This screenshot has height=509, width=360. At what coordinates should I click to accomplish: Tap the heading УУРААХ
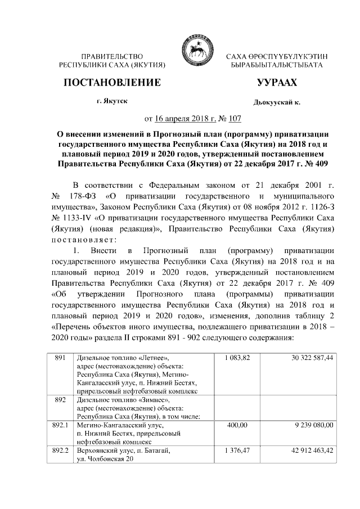pyautogui.click(x=276, y=83)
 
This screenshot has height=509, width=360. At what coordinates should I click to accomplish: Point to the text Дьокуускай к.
pyautogui.click(x=277, y=103)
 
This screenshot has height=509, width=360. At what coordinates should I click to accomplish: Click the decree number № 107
pyautogui.click(x=230, y=119)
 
